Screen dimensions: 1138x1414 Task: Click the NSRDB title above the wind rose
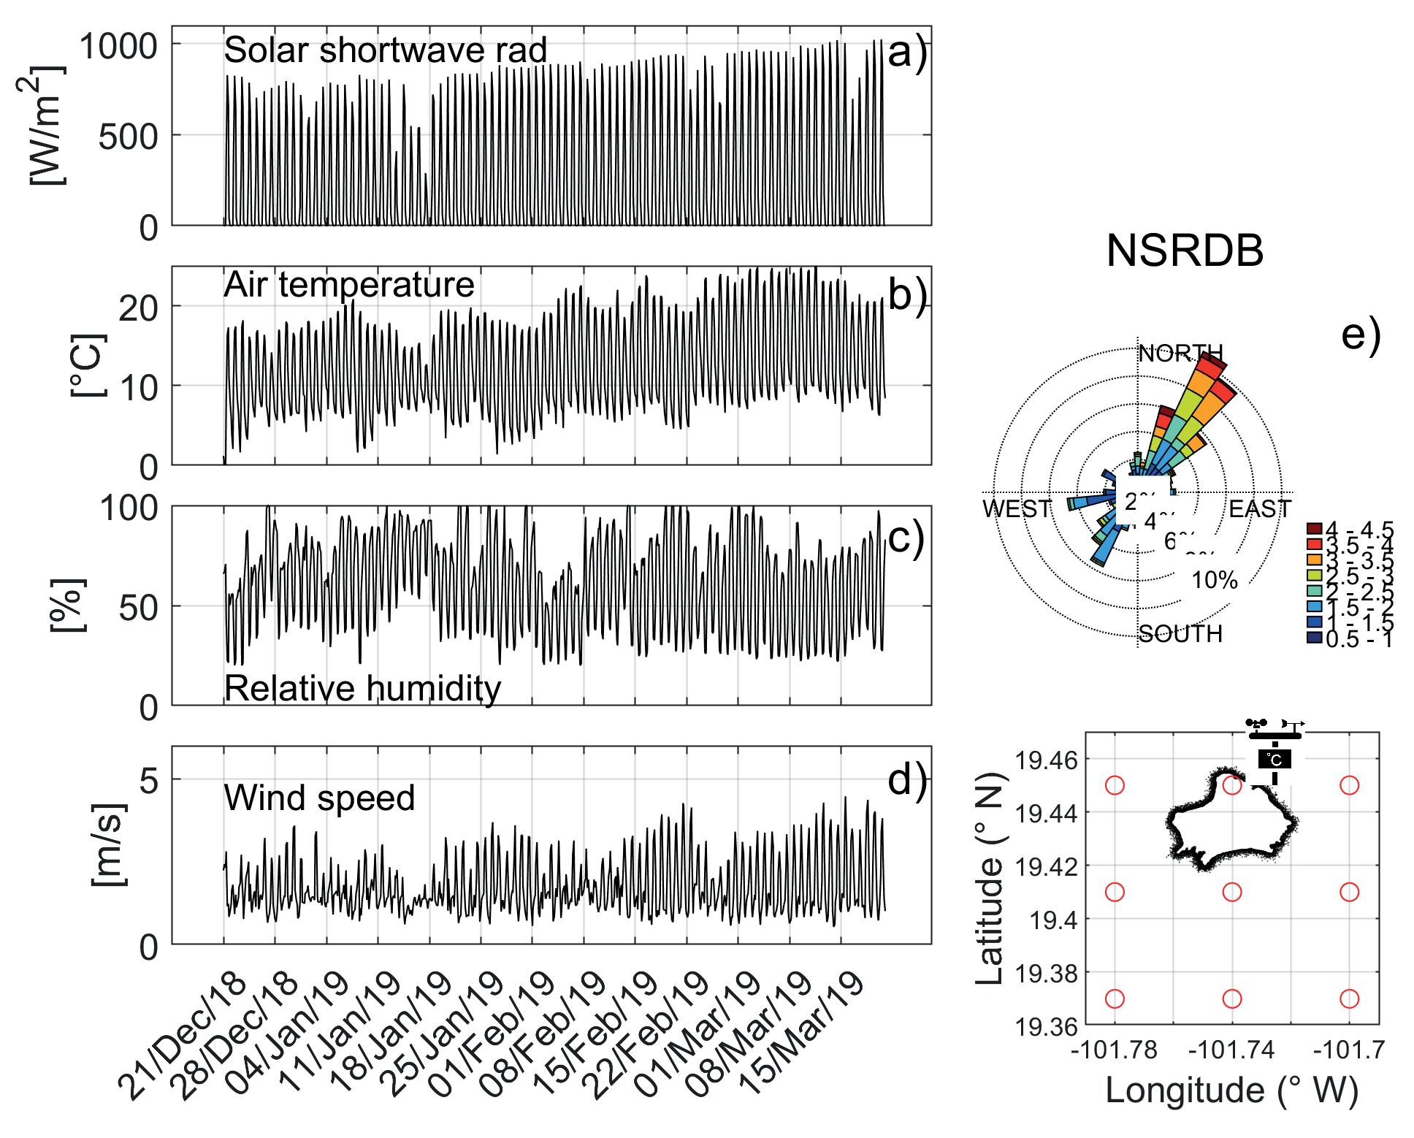[x=1185, y=252]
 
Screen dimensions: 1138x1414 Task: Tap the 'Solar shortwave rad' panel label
[x=385, y=50]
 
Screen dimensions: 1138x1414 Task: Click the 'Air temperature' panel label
[x=348, y=284]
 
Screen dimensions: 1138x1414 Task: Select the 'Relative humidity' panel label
[x=362, y=688]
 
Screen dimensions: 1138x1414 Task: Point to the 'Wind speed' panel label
[x=319, y=798]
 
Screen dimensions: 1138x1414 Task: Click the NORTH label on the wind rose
[x=1180, y=354]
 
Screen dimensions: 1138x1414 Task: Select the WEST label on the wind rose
[x=1017, y=508]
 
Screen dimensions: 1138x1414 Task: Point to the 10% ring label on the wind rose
[x=1215, y=581]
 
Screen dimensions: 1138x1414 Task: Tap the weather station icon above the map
[x=1274, y=751]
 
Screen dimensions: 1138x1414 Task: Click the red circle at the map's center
[x=1232, y=892]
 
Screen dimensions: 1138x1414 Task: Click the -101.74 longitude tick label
[x=1232, y=1050]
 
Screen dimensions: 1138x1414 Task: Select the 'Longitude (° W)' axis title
[x=1231, y=1091]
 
